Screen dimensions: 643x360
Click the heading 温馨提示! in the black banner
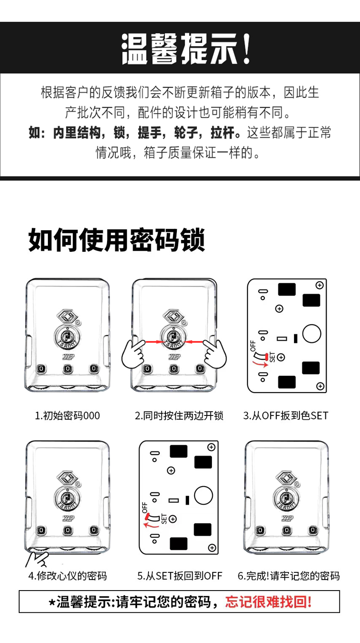[186, 48]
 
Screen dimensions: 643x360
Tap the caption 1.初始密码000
[67, 416]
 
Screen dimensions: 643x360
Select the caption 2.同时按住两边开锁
[179, 416]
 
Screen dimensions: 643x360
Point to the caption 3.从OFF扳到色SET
[286, 416]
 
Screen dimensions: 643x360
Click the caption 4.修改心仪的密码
[67, 576]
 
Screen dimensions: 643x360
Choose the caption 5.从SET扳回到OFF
[180, 576]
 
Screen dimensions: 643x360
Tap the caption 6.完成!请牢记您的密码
[288, 576]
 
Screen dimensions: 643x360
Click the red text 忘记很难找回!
[269, 602]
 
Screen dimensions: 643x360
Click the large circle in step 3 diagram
[312, 334]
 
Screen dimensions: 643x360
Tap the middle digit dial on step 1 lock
[67, 368]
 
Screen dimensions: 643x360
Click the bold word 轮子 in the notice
[185, 133]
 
